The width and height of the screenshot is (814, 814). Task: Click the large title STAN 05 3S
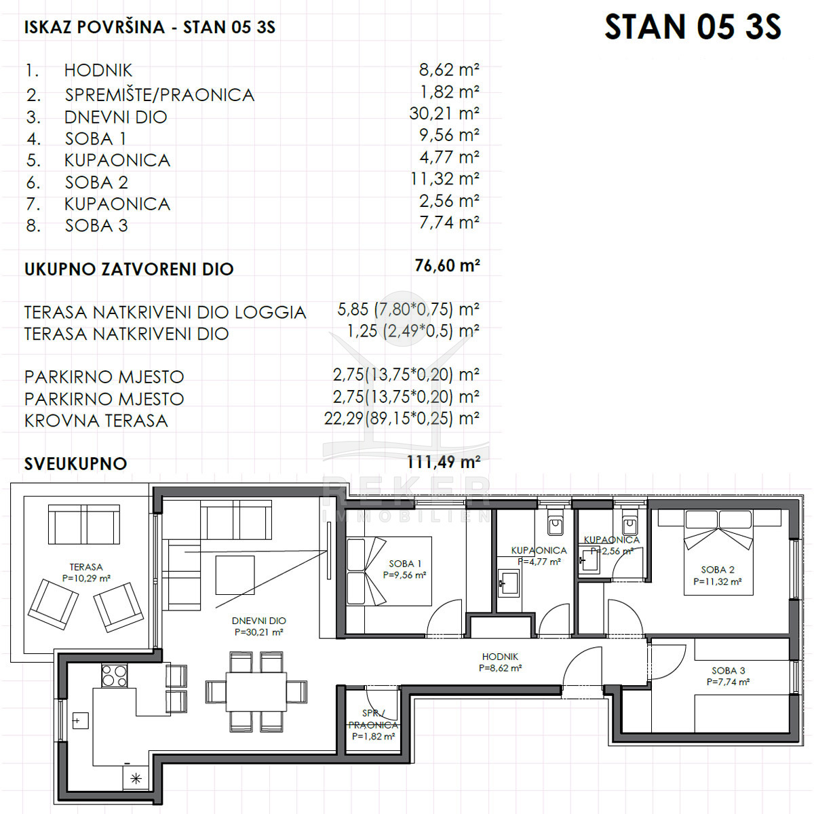[693, 27]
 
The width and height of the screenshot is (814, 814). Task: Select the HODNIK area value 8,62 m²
[449, 70]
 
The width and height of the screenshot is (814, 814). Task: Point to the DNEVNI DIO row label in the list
[116, 117]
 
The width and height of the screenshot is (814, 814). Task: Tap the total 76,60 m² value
[447, 265]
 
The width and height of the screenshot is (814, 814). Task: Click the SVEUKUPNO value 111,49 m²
[443, 462]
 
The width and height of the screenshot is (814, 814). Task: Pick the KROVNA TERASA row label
[96, 421]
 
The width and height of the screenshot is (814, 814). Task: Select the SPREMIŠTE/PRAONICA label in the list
[159, 95]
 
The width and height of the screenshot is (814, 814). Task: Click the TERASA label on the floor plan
[86, 567]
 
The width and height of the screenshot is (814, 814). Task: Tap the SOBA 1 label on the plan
[405, 564]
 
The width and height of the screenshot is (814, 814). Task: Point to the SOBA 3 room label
[729, 670]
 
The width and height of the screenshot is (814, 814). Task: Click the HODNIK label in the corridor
[500, 657]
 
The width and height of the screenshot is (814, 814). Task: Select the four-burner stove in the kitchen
[114, 676]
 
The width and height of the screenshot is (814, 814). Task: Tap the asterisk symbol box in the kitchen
[136, 779]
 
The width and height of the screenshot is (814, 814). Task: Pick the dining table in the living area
[256, 692]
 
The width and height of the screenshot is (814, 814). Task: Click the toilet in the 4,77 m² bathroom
[555, 524]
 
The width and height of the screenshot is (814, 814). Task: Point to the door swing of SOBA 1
[444, 618]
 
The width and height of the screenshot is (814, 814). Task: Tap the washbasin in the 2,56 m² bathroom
[589, 560]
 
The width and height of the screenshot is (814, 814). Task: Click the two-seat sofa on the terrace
[84, 524]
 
